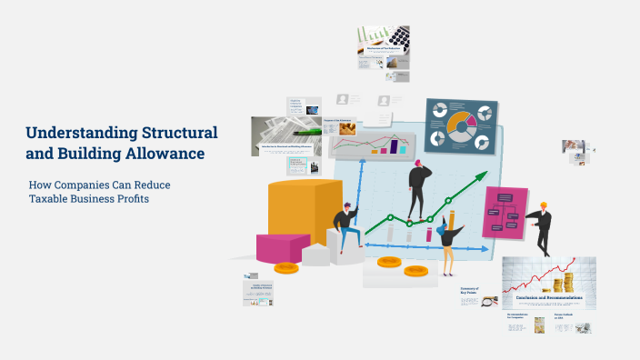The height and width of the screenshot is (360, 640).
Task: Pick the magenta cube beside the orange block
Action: (283, 246)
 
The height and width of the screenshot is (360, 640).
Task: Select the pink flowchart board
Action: (505, 214)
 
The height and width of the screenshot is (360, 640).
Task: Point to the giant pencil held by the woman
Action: (452, 222)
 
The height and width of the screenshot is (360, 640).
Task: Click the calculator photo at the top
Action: (396, 38)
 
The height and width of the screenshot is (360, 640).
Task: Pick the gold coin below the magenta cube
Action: (287, 268)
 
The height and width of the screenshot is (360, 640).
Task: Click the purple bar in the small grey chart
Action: (395, 146)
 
